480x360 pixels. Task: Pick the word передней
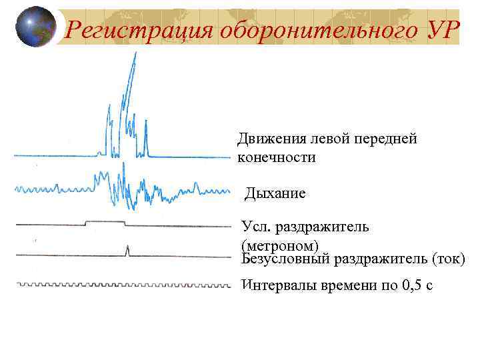click(389, 139)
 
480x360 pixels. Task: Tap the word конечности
click(277, 157)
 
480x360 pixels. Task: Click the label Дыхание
click(275, 194)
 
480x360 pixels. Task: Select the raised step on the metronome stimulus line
click(105, 221)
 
